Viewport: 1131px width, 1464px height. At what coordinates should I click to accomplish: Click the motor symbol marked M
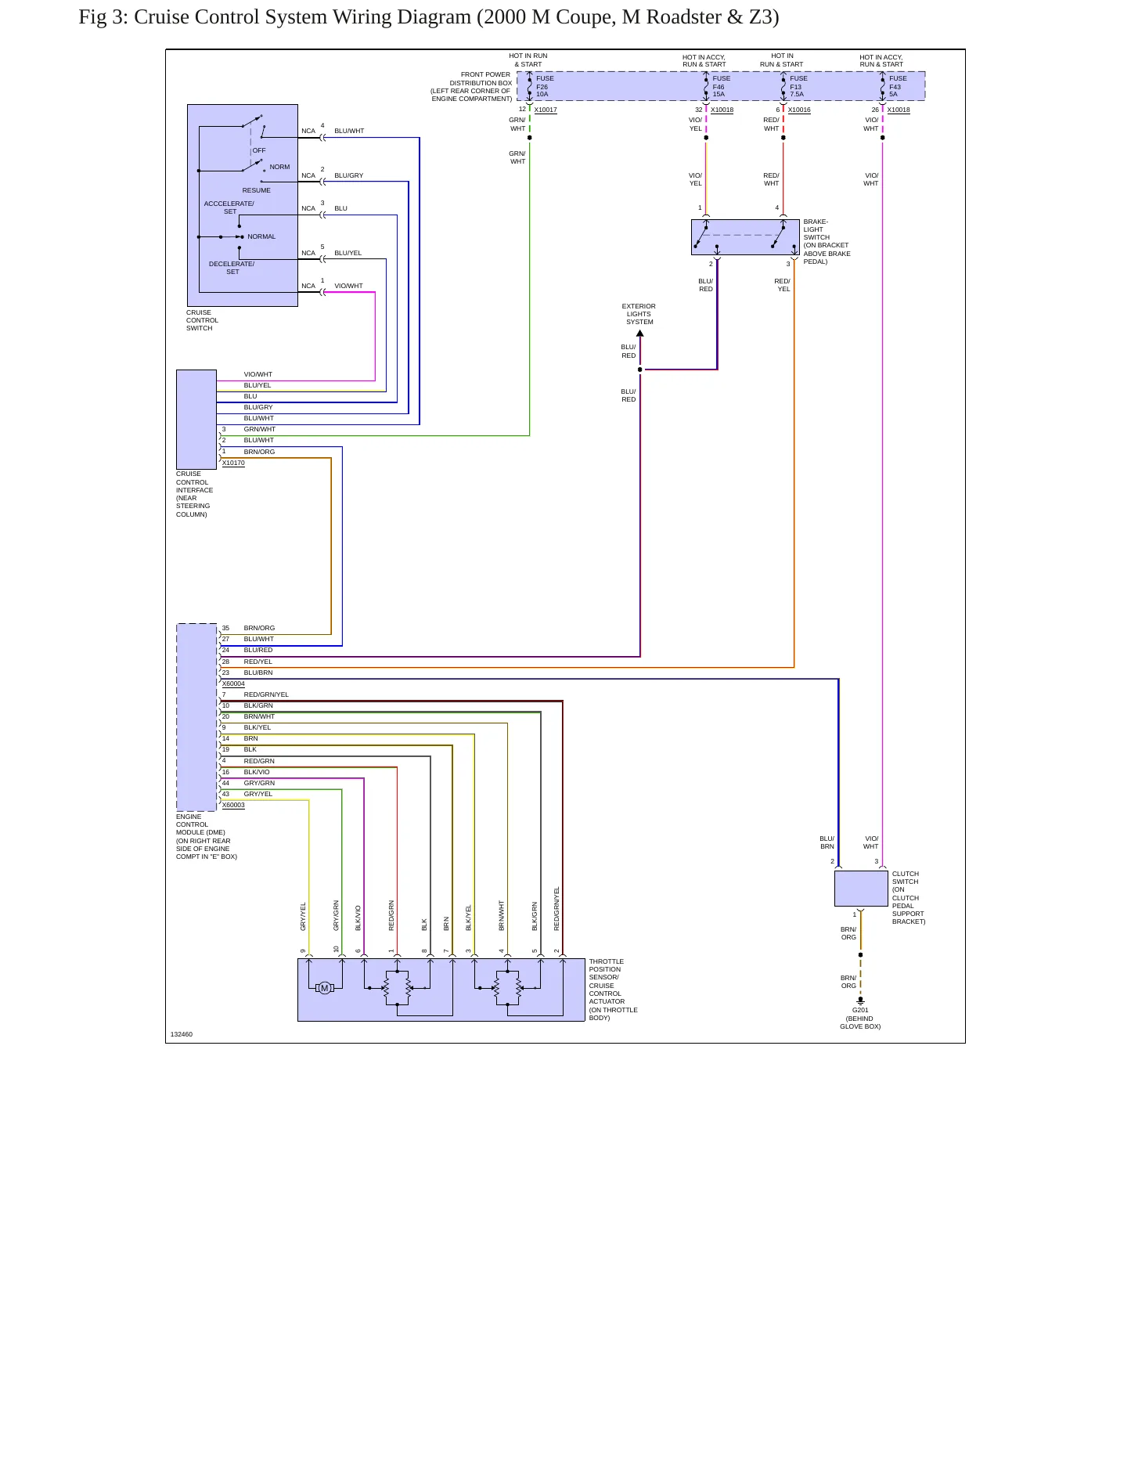[x=324, y=988]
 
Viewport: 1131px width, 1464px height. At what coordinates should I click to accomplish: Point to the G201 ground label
[x=860, y=1010]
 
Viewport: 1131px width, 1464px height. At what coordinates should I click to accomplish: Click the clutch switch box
[x=861, y=889]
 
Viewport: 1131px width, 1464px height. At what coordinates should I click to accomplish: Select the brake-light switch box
[x=745, y=237]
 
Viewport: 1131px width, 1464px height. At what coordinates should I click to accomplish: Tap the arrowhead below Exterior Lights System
[x=639, y=334]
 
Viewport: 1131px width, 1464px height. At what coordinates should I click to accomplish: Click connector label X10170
[x=233, y=463]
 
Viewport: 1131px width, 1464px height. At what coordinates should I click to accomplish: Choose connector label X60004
[x=233, y=683]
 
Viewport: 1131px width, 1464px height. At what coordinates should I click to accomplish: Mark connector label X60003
[x=233, y=805]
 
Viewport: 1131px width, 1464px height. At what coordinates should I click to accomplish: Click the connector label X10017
[x=546, y=110]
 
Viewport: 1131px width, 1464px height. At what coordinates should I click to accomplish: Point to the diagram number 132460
[x=182, y=1034]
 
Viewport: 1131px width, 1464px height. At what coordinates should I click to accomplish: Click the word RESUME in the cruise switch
[x=256, y=190]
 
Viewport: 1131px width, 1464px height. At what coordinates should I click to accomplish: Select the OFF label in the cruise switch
[x=259, y=150]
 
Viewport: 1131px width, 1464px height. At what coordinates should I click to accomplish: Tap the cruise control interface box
[x=196, y=420]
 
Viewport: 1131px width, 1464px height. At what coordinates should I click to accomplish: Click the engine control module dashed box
[x=196, y=717]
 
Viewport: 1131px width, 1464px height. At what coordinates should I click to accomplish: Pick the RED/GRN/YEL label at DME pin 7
[x=266, y=694]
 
